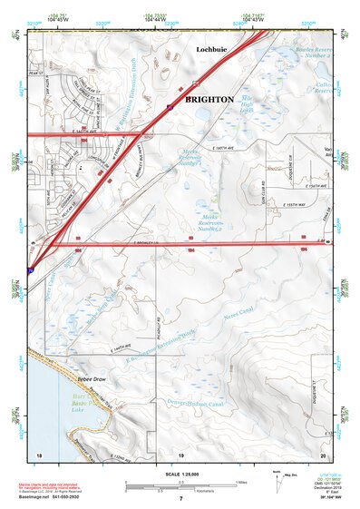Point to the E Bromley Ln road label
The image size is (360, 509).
click(x=145, y=243)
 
